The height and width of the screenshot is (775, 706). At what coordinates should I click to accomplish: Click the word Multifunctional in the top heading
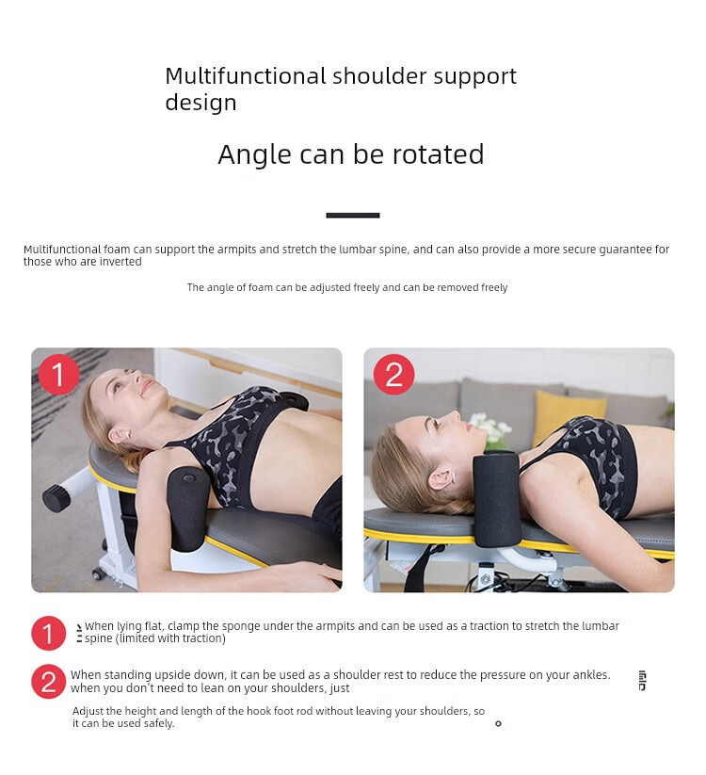pos(245,75)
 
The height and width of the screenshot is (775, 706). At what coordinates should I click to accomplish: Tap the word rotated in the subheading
pos(438,154)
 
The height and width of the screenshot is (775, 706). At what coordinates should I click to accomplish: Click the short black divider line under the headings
pos(353,215)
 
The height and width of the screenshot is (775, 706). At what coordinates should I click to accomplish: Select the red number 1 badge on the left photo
pos(58,374)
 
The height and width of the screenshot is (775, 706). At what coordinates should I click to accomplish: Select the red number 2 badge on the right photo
pos(393,374)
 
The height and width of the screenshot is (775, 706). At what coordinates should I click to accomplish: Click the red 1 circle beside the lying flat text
pos(48,633)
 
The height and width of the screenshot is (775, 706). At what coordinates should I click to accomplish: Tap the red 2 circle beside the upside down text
pos(48,682)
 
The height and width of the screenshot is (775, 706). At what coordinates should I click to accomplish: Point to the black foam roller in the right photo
pos(496,498)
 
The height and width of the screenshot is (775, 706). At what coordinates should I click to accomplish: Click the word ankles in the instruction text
pos(591,675)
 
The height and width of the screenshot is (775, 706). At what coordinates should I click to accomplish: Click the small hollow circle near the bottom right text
pos(498,723)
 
